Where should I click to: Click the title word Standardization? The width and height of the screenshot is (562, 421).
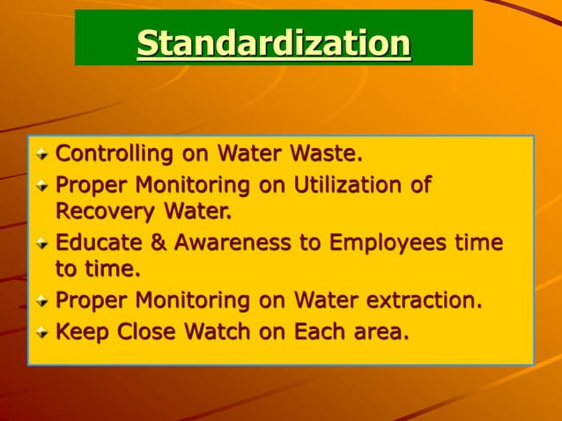coord(274,42)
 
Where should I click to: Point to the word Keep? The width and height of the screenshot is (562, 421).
coord(78,332)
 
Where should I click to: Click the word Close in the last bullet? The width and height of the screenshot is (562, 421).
coord(140,332)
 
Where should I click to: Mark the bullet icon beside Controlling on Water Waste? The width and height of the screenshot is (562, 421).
coord(42,155)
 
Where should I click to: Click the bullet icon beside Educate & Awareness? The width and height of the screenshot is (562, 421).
coord(42,242)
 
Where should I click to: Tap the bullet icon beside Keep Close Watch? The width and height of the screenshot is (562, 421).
coord(42,333)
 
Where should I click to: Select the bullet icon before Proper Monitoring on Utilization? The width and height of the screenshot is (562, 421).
coord(42,186)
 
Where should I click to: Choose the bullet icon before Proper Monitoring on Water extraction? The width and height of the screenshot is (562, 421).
coord(42,301)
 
